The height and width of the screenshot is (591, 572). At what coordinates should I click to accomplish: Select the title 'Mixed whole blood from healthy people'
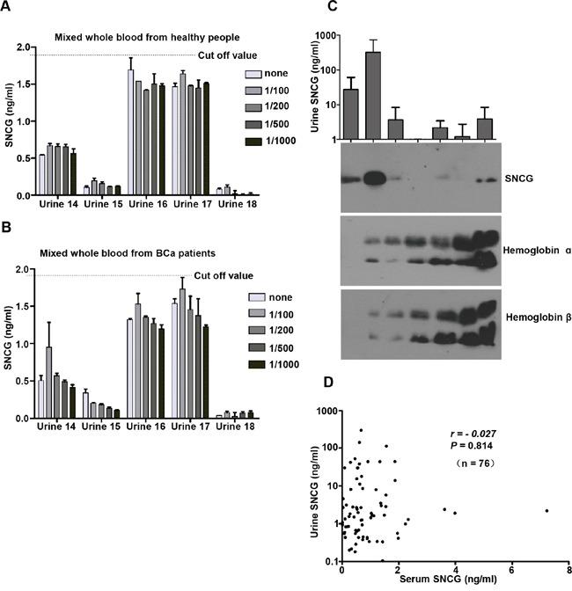tap(151, 37)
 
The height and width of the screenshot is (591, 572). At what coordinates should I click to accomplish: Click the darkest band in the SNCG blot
tap(373, 179)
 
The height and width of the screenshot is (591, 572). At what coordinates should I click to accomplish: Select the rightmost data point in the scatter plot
tap(546, 511)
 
